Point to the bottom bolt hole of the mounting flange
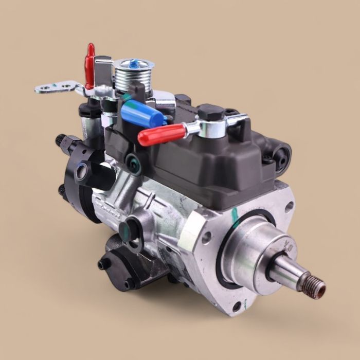coord(236,307)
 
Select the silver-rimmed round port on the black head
coord(81,173)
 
